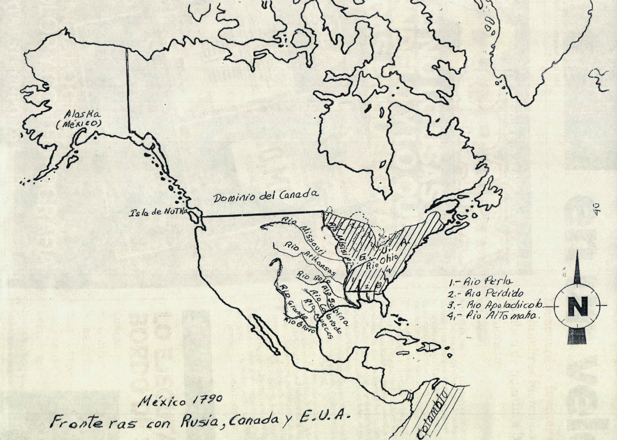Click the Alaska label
point(77,114)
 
